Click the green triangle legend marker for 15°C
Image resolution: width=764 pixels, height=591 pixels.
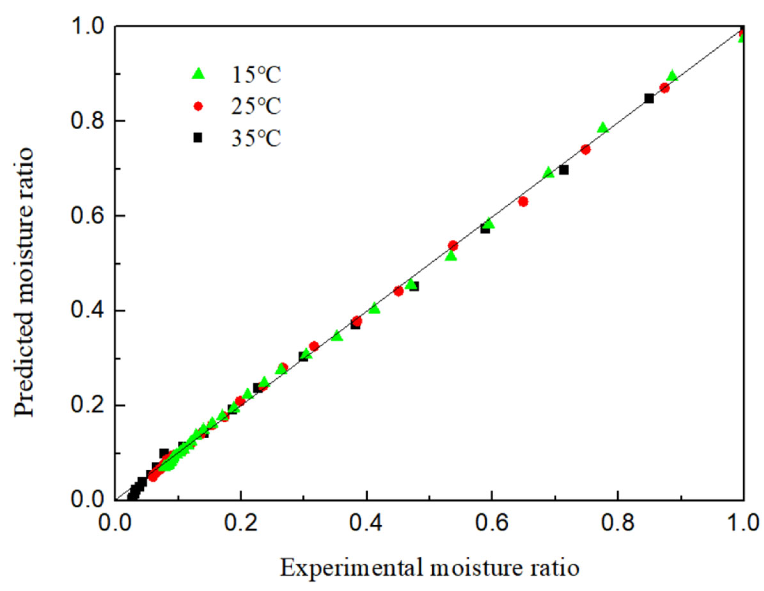click(x=198, y=74)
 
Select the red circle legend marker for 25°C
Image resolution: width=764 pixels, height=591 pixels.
click(x=198, y=106)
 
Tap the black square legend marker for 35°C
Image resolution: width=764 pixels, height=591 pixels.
click(x=198, y=138)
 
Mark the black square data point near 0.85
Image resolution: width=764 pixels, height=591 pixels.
click(x=649, y=98)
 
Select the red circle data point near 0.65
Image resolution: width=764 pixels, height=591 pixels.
click(x=523, y=202)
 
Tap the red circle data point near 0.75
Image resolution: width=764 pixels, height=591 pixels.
click(x=586, y=149)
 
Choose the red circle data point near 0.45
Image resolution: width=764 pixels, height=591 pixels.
click(x=398, y=291)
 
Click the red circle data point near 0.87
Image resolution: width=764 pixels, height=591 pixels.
click(x=665, y=88)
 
